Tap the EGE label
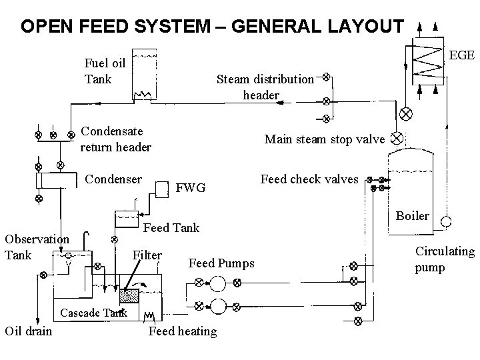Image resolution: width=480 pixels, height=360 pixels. tap(461, 55)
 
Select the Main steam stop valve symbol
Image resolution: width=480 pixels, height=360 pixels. tap(397, 138)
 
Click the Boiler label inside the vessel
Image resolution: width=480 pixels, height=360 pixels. tap(412, 216)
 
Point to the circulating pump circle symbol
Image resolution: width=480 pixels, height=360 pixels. tap(446, 221)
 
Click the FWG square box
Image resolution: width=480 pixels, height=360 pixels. tap(162, 189)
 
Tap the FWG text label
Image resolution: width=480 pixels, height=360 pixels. tap(191, 187)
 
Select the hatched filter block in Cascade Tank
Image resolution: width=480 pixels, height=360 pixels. tap(129, 296)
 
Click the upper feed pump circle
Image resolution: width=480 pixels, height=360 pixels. tap(217, 283)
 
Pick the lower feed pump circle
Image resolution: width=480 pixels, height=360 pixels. tap(218, 307)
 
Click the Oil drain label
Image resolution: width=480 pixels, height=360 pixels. tap(29, 331)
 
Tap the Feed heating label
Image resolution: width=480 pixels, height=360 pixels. tap(183, 331)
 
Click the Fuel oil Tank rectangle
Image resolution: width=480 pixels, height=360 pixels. tap(145, 75)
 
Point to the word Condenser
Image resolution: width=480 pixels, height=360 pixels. tap(113, 179)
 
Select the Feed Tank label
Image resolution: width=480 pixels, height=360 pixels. tap(171, 228)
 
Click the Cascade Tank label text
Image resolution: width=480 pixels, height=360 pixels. tap(94, 313)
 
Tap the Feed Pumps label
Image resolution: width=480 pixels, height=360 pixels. tap(221, 263)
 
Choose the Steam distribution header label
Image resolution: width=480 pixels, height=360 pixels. tap(265, 87)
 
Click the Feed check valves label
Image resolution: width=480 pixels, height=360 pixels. tap(309, 179)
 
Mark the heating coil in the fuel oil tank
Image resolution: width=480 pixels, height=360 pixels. tap(143, 94)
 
